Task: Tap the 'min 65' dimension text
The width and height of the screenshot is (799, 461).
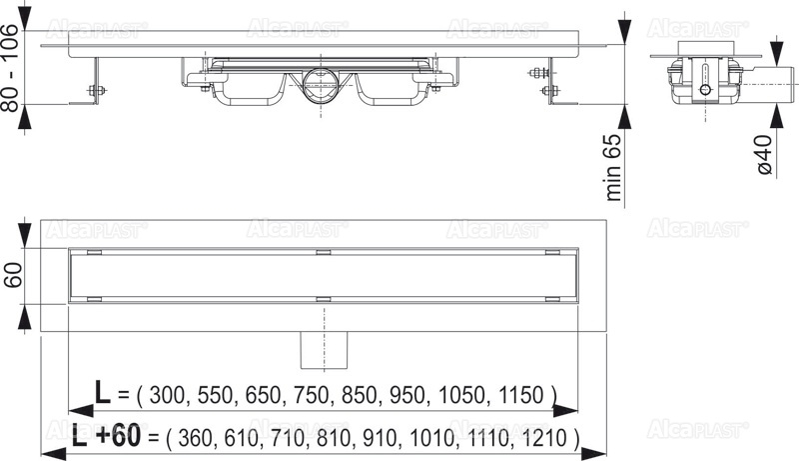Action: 617,166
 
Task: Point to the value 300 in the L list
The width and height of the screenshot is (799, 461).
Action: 170,394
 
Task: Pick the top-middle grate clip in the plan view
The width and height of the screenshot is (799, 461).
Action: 324,251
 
